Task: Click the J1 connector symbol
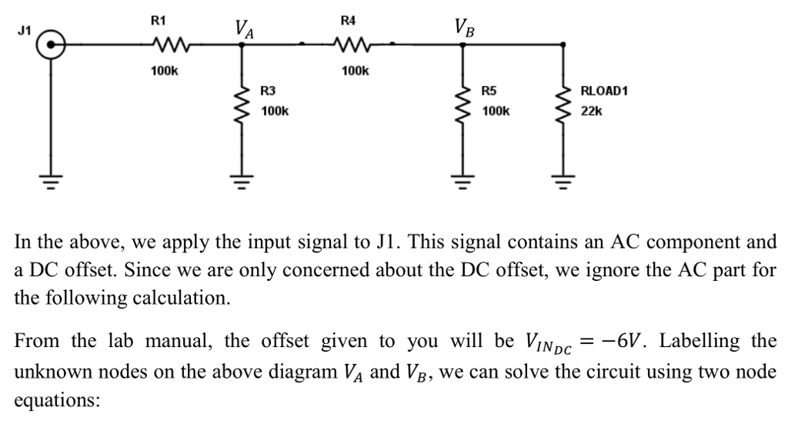52,45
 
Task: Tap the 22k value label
592,112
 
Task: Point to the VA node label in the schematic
245,30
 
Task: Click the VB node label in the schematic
465,30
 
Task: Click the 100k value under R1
165,71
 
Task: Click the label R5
489,91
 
